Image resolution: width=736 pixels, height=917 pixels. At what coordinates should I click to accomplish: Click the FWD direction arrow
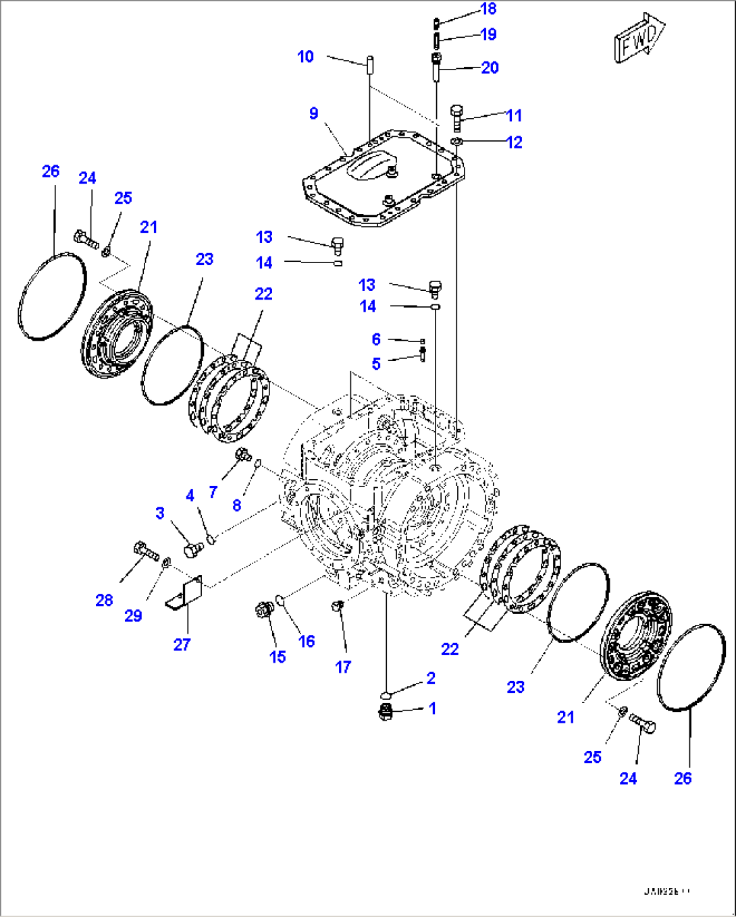pos(638,39)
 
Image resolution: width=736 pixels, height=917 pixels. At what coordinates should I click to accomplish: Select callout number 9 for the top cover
pos(313,113)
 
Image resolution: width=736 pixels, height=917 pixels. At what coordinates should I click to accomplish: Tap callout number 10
pos(306,57)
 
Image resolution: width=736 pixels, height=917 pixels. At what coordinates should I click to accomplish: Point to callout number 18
pos(488,9)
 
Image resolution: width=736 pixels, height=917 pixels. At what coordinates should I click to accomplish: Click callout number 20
pos(490,67)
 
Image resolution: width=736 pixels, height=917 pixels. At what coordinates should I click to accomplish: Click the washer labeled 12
pos(456,141)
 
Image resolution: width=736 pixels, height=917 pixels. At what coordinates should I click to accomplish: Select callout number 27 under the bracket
pos(182,645)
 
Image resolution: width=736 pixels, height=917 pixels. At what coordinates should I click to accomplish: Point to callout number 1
pos(432,708)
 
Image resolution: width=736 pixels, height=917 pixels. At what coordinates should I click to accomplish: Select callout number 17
pos(343,667)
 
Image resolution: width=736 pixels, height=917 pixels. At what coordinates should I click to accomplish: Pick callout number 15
pos(278,657)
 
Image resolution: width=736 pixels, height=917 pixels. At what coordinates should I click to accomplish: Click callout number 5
pos(376,364)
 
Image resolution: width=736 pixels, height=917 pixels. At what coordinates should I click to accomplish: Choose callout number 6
pos(376,339)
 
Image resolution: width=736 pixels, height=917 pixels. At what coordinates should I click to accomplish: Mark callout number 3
pos(160,513)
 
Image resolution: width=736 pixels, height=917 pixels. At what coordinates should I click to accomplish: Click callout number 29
pos(133,615)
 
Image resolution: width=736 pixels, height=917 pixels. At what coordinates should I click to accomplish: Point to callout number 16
pos(307,642)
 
